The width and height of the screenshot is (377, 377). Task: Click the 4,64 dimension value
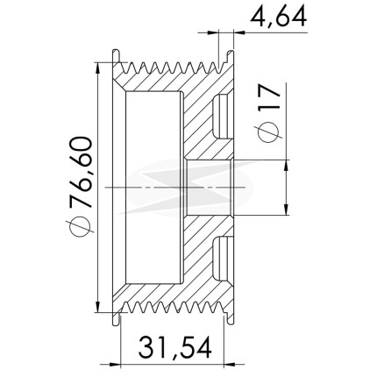[x=279, y=17]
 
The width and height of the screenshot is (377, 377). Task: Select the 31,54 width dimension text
[x=174, y=348]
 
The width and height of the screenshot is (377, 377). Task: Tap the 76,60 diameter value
[x=81, y=173]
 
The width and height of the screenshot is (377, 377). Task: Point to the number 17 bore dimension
[x=269, y=97]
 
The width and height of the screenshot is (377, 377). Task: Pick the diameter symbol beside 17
[x=268, y=132]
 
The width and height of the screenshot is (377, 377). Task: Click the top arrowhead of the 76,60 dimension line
[x=98, y=68]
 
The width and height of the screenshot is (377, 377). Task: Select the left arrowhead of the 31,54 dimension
[x=116, y=365]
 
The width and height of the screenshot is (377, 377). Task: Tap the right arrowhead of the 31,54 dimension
[x=230, y=365]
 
